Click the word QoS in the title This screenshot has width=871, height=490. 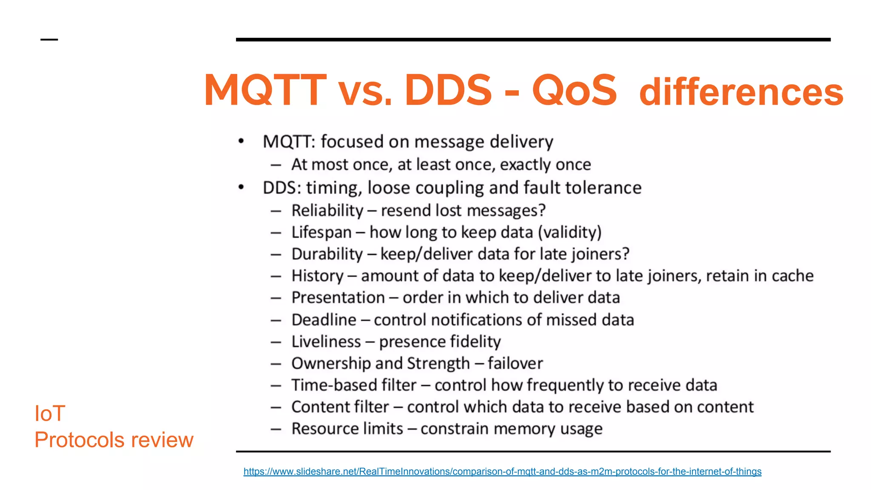[574, 90]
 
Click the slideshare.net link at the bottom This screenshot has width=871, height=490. [502, 471]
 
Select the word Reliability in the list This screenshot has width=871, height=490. [327, 211]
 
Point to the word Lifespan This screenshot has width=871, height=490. [321, 232]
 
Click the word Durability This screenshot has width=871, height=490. [327, 254]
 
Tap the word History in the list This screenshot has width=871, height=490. [317, 276]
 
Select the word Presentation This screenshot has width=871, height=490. [338, 298]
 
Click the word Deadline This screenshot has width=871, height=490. [324, 320]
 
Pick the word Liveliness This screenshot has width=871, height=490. [326, 342]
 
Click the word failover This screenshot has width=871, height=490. [515, 364]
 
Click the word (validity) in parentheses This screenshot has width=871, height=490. [569, 232]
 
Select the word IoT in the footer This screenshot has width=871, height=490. [50, 413]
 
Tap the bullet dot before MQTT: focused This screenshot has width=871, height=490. [241, 141]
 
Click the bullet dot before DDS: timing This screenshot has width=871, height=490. [241, 187]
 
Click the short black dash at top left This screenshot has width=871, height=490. [49, 40]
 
